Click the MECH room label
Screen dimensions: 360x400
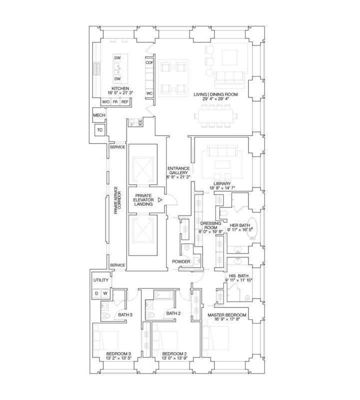(99, 115)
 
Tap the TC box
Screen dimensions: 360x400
(100, 130)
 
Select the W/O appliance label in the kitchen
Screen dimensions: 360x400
(105, 102)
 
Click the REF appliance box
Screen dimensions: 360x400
(125, 102)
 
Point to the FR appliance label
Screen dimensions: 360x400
(115, 102)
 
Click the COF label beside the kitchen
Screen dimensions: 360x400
(149, 63)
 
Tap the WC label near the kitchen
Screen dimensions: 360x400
(149, 93)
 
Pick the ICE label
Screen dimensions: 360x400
(140, 122)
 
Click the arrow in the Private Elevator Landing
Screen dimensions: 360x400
(160, 199)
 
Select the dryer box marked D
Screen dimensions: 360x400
(96, 293)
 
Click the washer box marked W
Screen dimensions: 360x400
(105, 293)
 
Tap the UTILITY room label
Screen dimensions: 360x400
(101, 280)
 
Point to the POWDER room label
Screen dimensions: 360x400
(181, 261)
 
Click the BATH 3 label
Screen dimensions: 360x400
(125, 315)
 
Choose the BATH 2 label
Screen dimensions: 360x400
(173, 313)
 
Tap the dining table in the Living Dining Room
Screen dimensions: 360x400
(216, 116)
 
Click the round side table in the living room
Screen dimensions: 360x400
(209, 72)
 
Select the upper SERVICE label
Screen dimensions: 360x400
(117, 147)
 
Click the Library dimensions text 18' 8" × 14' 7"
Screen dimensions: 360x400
(222, 188)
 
